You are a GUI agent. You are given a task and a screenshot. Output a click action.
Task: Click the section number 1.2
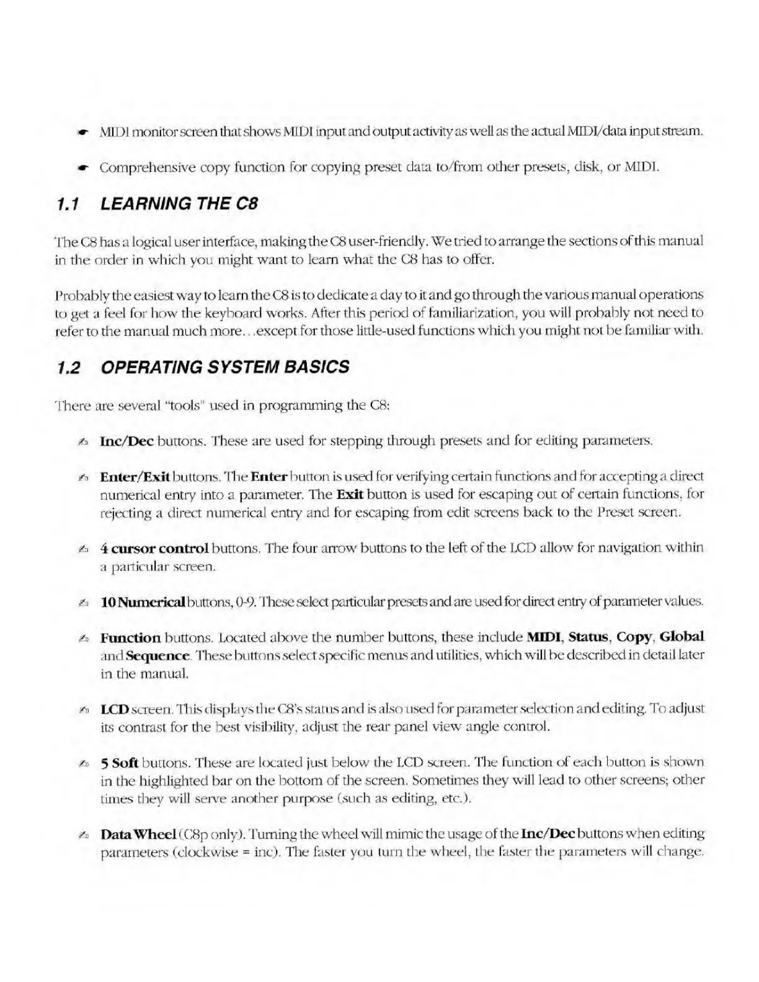click(x=68, y=368)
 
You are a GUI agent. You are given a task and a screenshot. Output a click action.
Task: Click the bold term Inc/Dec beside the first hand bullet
click(x=126, y=441)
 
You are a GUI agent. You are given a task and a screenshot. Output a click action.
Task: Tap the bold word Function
click(x=130, y=637)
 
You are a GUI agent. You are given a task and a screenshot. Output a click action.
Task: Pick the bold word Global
click(x=682, y=637)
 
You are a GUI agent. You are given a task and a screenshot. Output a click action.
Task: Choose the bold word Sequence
click(x=158, y=655)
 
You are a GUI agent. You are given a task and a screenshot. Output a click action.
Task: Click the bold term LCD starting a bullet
click(x=114, y=709)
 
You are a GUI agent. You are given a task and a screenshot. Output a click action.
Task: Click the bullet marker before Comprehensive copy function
click(x=81, y=168)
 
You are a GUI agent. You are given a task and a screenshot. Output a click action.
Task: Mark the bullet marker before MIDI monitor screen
click(x=81, y=133)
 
